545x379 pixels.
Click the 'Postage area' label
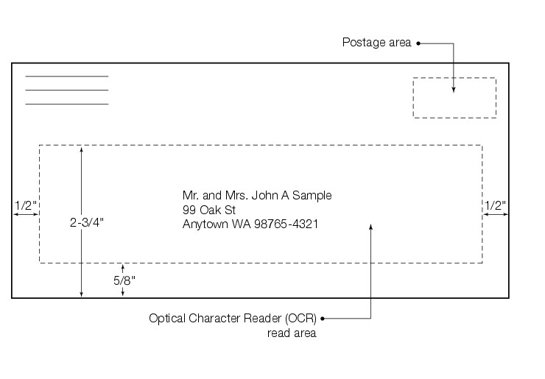pyautogui.click(x=376, y=42)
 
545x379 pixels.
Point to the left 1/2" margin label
pyautogui.click(x=24, y=205)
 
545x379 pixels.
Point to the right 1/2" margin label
pyautogui.click(x=495, y=205)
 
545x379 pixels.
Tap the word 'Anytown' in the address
pyautogui.click(x=205, y=224)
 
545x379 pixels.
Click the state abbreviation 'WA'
pyautogui.click(x=241, y=224)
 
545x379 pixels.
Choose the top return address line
pyautogui.click(x=66, y=77)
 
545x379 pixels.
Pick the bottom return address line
pyautogui.click(x=66, y=104)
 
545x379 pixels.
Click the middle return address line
pyautogui.click(x=66, y=90)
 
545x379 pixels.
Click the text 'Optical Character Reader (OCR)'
pyautogui.click(x=232, y=319)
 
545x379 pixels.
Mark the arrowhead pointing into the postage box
pyautogui.click(x=454, y=89)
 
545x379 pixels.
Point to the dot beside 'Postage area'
pyautogui.click(x=418, y=43)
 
